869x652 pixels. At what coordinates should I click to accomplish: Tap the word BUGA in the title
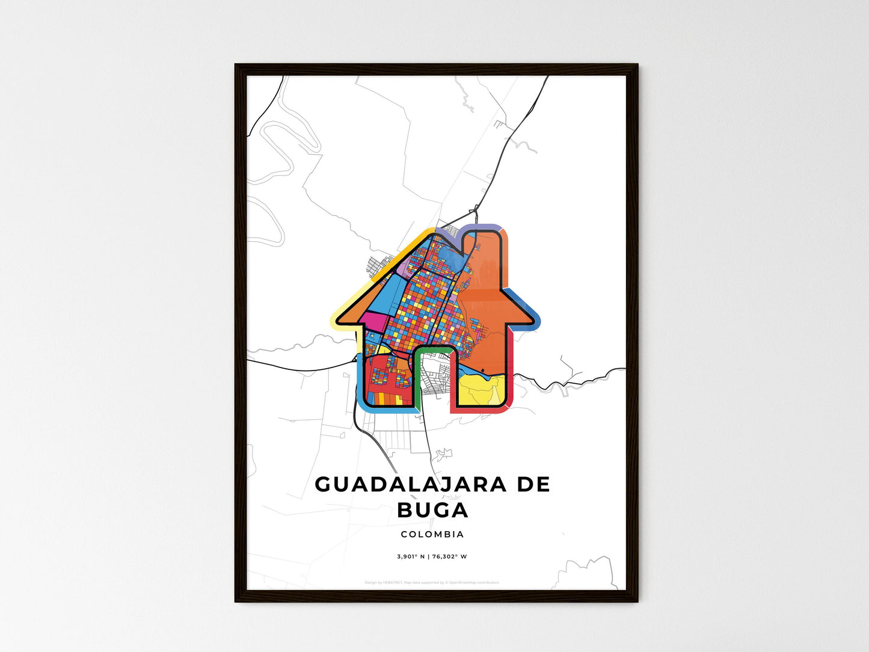click(432, 510)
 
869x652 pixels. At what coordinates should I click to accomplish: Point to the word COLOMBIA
click(432, 534)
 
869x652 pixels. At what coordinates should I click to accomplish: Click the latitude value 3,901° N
click(412, 556)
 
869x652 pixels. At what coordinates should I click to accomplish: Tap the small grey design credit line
click(432, 582)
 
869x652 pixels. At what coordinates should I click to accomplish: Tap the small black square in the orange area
click(482, 369)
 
